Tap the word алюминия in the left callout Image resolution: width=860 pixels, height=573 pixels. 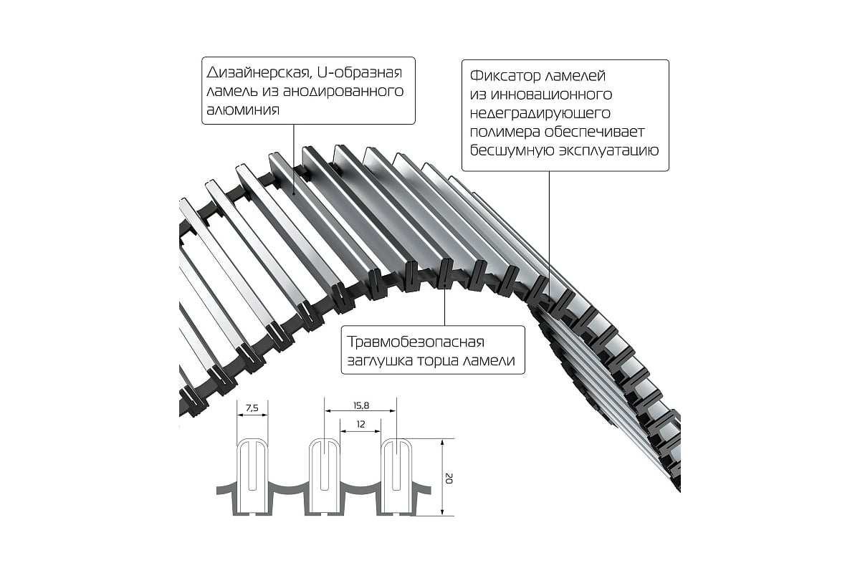(x=243, y=110)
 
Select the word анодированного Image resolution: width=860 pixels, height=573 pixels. (x=343, y=92)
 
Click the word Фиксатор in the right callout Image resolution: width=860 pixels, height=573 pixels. (x=502, y=76)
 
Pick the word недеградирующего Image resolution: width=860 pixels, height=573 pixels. (x=540, y=113)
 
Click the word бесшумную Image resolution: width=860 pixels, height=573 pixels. (x=512, y=150)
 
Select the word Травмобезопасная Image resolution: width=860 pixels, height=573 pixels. (x=416, y=342)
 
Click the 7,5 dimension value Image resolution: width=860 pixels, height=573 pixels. (x=252, y=408)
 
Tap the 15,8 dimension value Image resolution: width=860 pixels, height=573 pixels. (x=361, y=405)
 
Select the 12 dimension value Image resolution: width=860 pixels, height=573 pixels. (x=360, y=424)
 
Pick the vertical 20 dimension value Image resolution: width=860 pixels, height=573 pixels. (x=449, y=478)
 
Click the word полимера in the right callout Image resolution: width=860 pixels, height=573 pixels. (x=505, y=132)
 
